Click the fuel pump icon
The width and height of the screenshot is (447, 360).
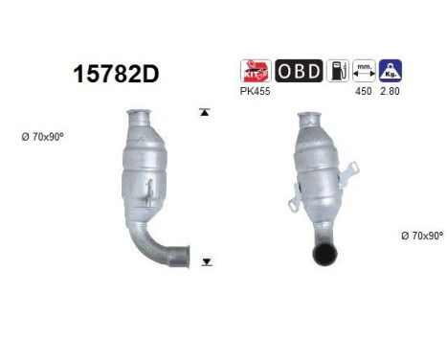(x=337, y=71)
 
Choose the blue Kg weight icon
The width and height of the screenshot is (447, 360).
(x=390, y=71)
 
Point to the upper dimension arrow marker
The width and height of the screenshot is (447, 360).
(x=204, y=113)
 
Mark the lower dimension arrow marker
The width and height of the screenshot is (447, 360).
(x=205, y=260)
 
